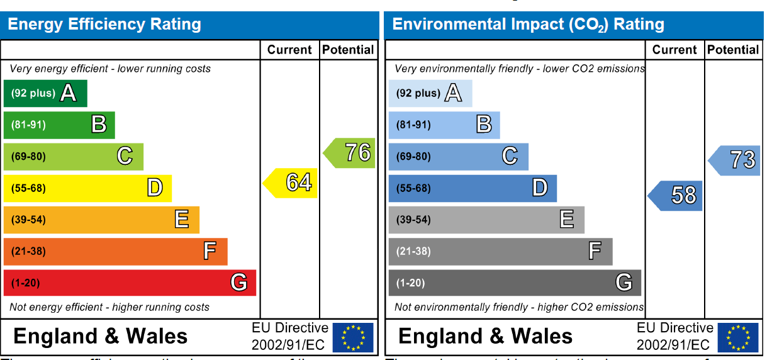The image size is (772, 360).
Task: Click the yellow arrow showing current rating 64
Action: (x=291, y=183)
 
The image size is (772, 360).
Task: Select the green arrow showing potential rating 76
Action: (x=351, y=153)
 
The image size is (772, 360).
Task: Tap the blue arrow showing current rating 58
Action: (x=676, y=196)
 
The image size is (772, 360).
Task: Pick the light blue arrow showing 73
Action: (x=736, y=160)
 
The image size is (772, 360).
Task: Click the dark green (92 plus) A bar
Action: (x=45, y=94)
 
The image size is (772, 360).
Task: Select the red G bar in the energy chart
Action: (x=130, y=283)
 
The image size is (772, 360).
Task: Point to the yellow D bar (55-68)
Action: (x=87, y=188)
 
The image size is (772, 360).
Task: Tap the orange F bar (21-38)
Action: (x=115, y=251)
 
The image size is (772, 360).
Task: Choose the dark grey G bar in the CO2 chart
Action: (x=515, y=283)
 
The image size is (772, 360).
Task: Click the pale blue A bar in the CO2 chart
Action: (x=430, y=94)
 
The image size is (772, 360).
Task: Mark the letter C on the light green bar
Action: (x=125, y=156)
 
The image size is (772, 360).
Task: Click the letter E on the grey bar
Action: (x=567, y=219)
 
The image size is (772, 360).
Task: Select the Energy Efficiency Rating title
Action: (x=104, y=25)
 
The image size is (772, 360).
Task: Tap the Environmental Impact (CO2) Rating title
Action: (x=529, y=25)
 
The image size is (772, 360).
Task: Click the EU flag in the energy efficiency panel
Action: (x=353, y=337)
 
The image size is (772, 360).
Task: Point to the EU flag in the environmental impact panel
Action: (x=738, y=337)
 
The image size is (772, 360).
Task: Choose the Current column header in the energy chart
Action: (x=289, y=50)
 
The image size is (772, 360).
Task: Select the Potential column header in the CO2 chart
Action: (x=733, y=50)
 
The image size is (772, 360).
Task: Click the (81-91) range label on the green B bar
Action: (x=28, y=125)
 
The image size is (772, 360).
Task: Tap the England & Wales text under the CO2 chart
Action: (x=486, y=336)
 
